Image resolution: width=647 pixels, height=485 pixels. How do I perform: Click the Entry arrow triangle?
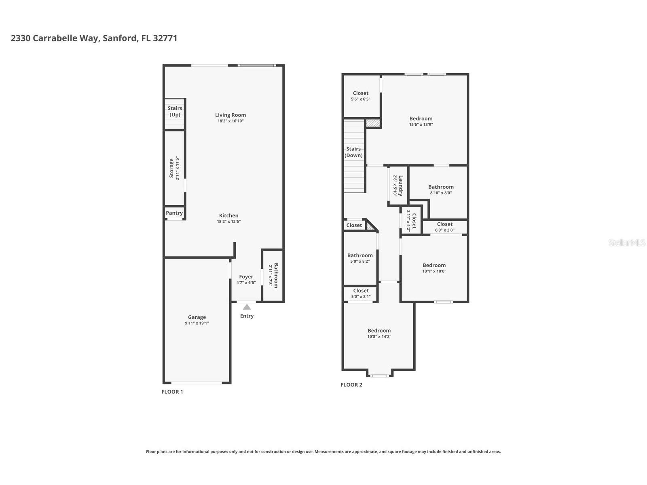(247, 307)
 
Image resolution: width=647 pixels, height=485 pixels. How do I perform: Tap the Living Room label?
(230, 115)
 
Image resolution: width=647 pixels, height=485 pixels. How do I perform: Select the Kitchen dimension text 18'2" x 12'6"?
(229, 221)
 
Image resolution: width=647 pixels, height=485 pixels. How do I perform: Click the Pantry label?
(174, 213)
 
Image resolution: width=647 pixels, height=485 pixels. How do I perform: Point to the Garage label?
(197, 317)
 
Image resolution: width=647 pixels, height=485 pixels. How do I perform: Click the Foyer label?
(246, 277)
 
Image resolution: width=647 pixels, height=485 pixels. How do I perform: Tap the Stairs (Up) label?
(175, 111)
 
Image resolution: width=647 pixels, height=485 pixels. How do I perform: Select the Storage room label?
(171, 168)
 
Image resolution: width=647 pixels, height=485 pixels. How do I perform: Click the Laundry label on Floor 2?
(401, 186)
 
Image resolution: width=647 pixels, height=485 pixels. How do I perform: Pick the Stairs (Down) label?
(353, 152)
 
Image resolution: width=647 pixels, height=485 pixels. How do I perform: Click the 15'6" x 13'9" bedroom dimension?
(421, 124)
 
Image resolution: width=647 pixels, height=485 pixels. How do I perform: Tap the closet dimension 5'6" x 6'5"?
(360, 99)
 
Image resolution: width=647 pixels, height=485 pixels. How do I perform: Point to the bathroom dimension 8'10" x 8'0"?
(441, 193)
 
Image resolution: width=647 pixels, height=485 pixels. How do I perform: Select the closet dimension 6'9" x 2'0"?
(444, 230)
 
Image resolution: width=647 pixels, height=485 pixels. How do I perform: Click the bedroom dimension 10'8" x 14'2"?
(379, 337)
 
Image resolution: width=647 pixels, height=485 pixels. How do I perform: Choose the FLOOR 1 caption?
(172, 392)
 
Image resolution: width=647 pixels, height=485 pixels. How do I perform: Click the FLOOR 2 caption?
(351, 385)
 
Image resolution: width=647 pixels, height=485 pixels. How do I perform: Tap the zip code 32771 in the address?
(165, 38)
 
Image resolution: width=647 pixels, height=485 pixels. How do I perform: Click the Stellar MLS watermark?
(627, 242)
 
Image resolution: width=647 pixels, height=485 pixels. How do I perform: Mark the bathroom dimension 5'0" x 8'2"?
(359, 261)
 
